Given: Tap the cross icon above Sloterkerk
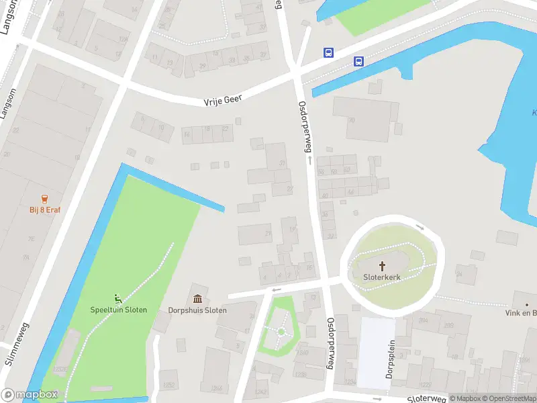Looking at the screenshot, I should point(383,266).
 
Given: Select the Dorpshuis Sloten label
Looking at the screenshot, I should point(206,310).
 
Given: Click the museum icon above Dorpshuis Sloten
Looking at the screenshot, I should point(199,299).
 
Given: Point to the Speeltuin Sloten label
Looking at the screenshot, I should point(119,310).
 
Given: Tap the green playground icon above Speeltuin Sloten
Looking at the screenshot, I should point(118,299).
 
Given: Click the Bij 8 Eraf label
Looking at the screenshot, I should point(45,210).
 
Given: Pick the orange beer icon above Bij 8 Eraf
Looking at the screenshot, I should point(45,199).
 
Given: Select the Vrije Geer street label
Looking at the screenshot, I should point(222,100).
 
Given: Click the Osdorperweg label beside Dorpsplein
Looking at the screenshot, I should point(330,343).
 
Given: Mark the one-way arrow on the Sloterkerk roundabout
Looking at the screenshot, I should point(420,227).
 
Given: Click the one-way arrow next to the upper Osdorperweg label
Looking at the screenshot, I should point(310,161).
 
